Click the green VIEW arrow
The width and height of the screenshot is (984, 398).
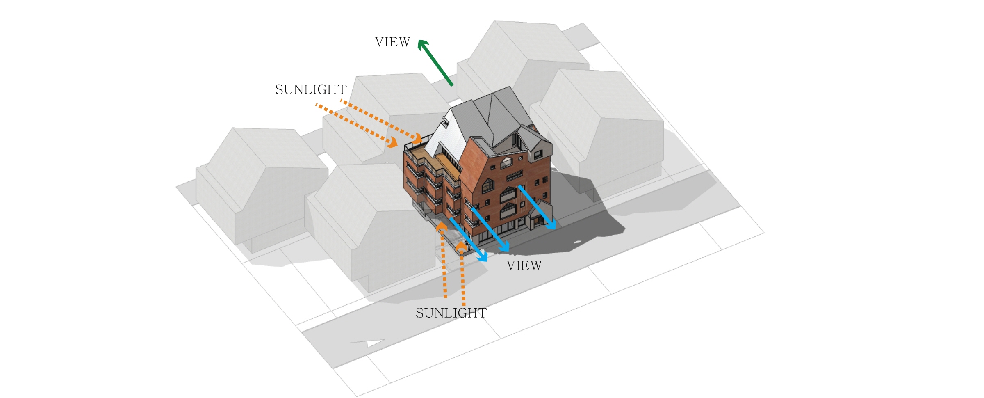pos(435,62)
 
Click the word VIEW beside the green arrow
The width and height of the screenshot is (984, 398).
pos(392,42)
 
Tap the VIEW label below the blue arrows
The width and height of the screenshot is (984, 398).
pos(524,266)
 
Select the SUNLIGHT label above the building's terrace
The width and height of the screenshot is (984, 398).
pos(311,89)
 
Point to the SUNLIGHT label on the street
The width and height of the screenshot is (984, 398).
pos(451,313)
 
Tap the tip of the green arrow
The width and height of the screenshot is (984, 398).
pos(418,40)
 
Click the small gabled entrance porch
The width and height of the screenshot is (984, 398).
pos(538,215)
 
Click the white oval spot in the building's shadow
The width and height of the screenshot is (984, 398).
pos(577,242)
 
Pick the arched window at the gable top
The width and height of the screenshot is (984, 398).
pos(506,163)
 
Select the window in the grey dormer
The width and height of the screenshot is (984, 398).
pos(538,155)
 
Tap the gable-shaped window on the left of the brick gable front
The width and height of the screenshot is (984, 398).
pos(487,186)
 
